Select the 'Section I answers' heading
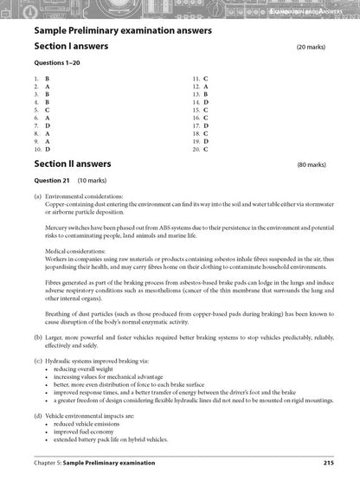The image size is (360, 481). tap(72, 48)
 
